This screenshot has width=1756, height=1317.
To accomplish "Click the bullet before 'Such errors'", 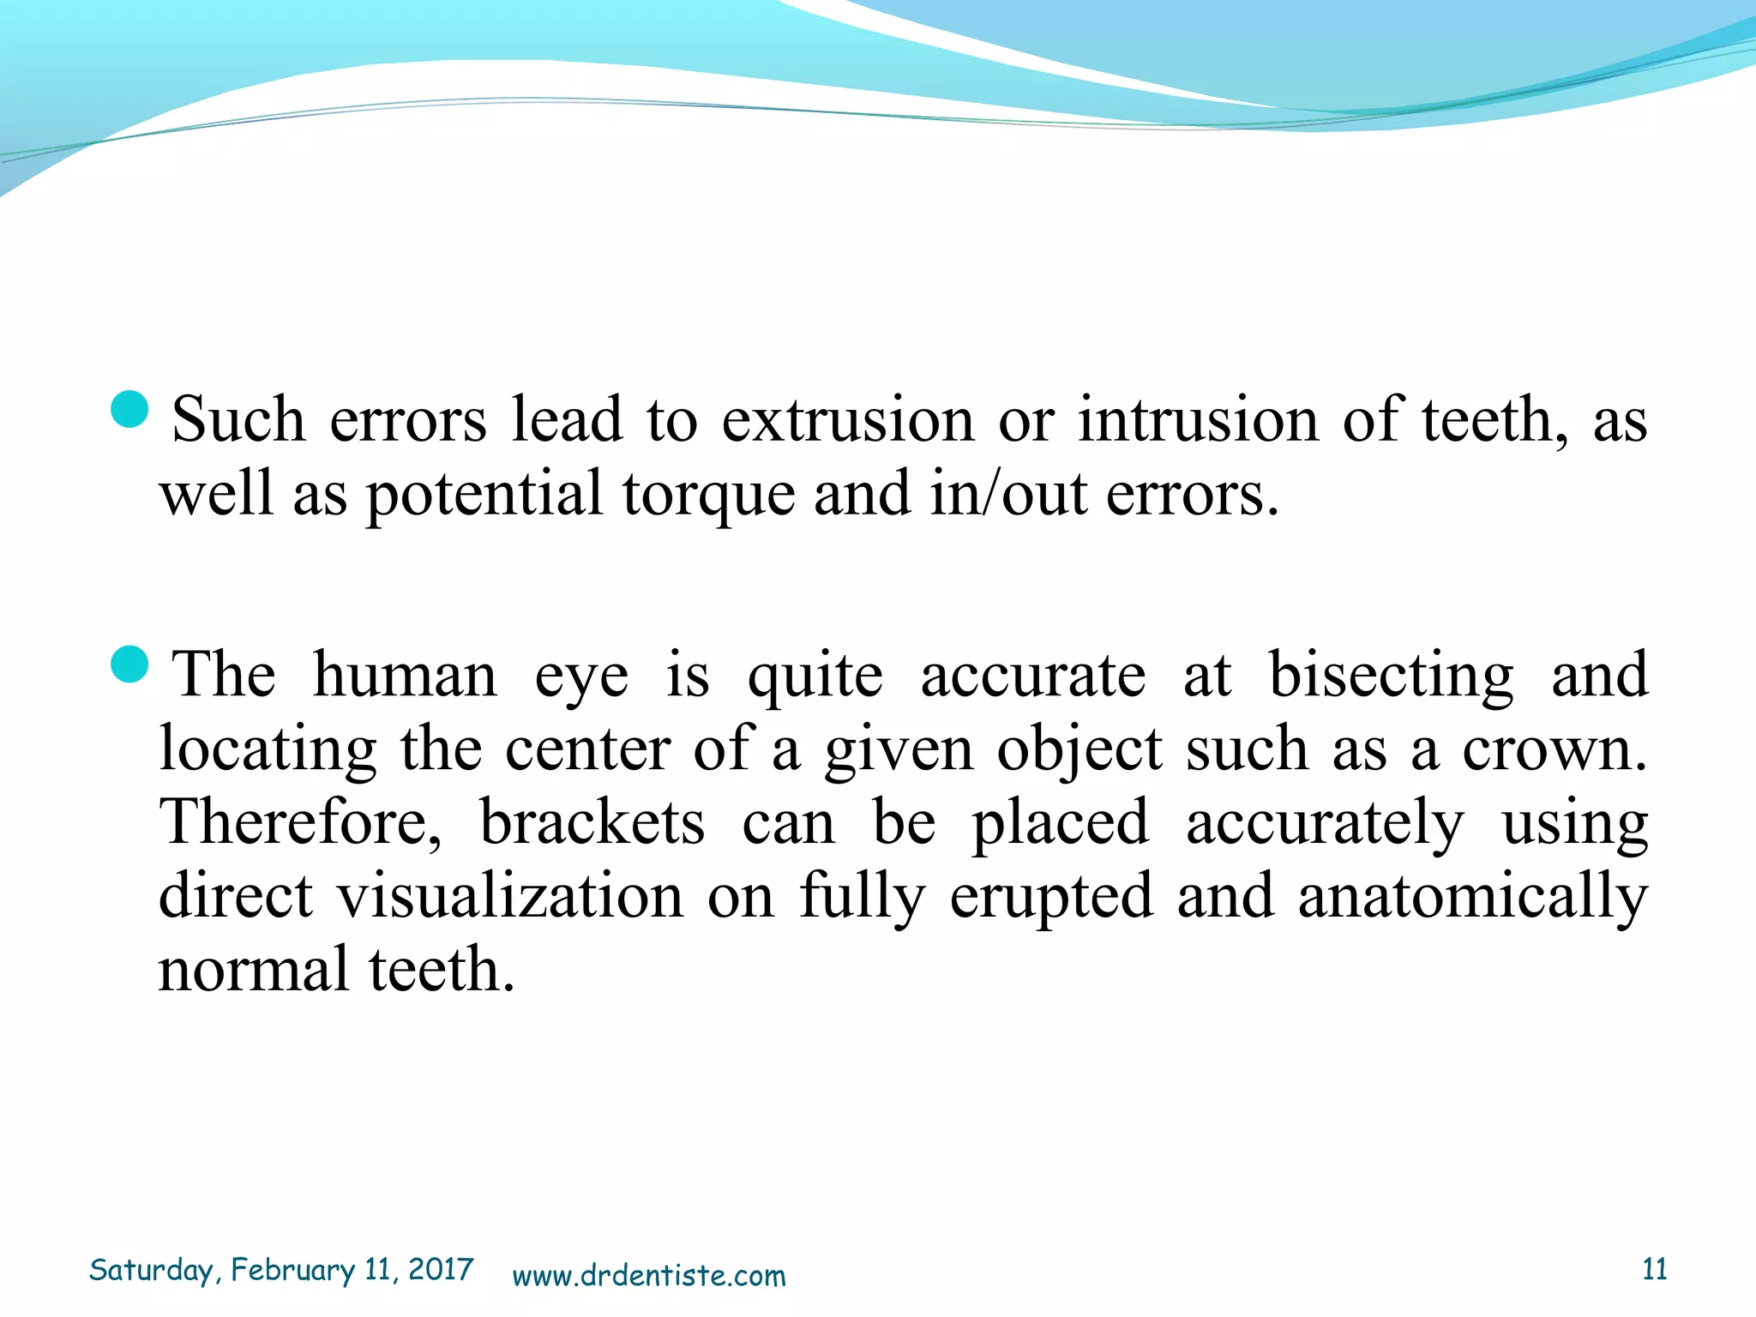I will [x=130, y=409].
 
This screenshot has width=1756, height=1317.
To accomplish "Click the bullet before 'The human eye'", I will [x=130, y=665].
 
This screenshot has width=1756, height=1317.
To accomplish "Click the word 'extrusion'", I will [x=847, y=420].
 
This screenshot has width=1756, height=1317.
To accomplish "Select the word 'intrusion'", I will [x=1198, y=420].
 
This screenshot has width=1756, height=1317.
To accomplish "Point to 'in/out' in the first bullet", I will [x=1008, y=494].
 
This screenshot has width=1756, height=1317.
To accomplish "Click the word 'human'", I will [x=405, y=675].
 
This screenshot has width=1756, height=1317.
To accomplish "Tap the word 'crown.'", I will [x=1554, y=749].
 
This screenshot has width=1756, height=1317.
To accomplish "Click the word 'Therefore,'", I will [x=301, y=823].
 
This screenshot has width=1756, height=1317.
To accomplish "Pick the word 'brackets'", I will [x=592, y=822].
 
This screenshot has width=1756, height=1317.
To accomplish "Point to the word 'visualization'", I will [x=510, y=896].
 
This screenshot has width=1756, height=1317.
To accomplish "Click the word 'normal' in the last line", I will [x=253, y=970].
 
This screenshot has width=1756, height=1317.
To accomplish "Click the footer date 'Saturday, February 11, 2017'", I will [x=281, y=1270].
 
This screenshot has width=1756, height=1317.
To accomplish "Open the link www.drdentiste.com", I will [x=648, y=1276].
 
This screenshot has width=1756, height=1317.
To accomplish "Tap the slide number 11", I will [x=1654, y=1269].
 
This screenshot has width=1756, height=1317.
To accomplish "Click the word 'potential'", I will [x=484, y=496].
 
